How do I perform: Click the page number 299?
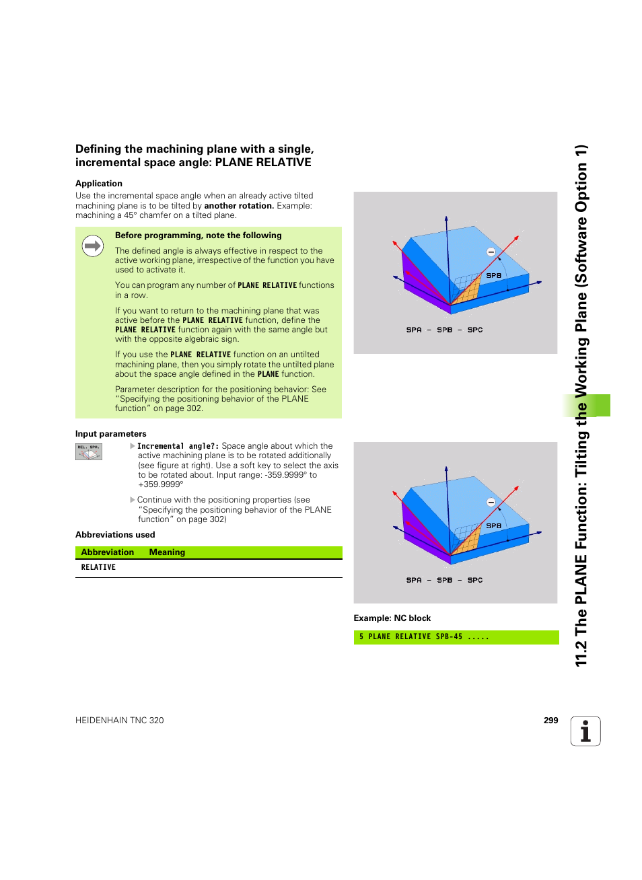[550, 720]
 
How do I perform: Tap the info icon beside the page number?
[585, 731]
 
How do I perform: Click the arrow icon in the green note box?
[93, 246]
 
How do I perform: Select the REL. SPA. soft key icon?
[89, 452]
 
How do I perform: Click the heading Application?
[99, 184]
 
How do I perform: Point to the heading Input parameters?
[110, 434]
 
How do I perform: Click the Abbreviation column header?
[108, 552]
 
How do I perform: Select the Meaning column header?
[167, 552]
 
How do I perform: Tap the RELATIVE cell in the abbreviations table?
[98, 568]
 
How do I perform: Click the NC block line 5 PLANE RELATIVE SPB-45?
[424, 637]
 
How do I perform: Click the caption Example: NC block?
[392, 618]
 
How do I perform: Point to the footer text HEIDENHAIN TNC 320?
[120, 721]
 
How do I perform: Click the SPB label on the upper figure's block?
[493, 276]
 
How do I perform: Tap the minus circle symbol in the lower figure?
[491, 503]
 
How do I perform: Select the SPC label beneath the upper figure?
[475, 330]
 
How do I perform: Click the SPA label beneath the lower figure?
[414, 581]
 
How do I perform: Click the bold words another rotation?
[239, 206]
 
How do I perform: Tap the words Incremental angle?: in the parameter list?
[178, 446]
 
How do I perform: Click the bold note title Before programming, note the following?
[198, 235]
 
